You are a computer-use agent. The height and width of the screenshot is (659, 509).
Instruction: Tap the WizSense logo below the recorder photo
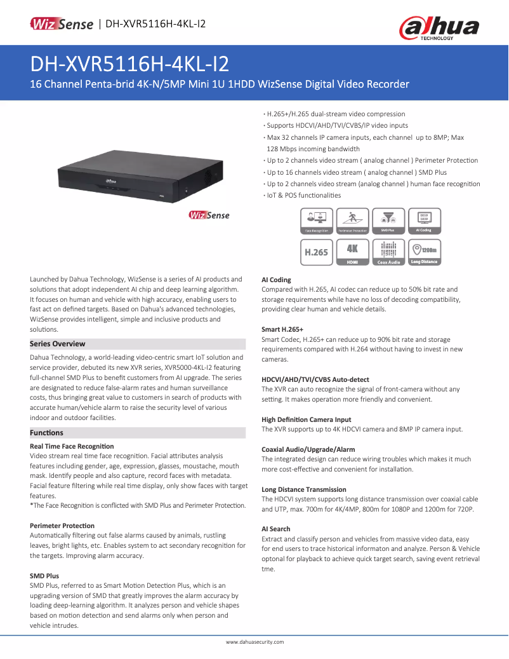point(209,215)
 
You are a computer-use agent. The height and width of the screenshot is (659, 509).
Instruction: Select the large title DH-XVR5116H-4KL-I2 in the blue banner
point(130,64)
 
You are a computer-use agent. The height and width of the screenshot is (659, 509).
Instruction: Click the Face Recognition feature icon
point(316,221)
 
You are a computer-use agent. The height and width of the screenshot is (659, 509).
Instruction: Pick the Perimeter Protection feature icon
point(352,221)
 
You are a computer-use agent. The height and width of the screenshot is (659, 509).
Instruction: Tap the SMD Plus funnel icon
point(388,221)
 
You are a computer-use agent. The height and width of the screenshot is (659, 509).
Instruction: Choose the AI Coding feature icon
point(424,221)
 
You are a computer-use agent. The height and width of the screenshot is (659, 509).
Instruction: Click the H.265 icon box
point(316,252)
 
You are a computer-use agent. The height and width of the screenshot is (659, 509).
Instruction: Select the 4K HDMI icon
point(352,252)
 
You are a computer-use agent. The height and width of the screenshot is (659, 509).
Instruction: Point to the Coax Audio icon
point(388,252)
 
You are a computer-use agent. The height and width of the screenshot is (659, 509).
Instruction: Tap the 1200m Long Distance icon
point(424,252)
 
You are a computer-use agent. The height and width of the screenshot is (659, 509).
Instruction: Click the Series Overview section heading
point(58,344)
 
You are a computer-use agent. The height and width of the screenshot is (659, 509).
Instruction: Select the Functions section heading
point(47,433)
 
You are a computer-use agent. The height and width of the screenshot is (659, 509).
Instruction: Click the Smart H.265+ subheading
point(282,329)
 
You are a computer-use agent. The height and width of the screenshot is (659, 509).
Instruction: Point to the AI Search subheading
point(276,529)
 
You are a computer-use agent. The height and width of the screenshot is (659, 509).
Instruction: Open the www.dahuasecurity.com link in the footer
point(255,642)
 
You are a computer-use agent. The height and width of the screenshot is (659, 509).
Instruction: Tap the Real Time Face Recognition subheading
point(72,446)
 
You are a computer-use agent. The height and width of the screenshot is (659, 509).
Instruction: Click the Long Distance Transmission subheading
point(304,489)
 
